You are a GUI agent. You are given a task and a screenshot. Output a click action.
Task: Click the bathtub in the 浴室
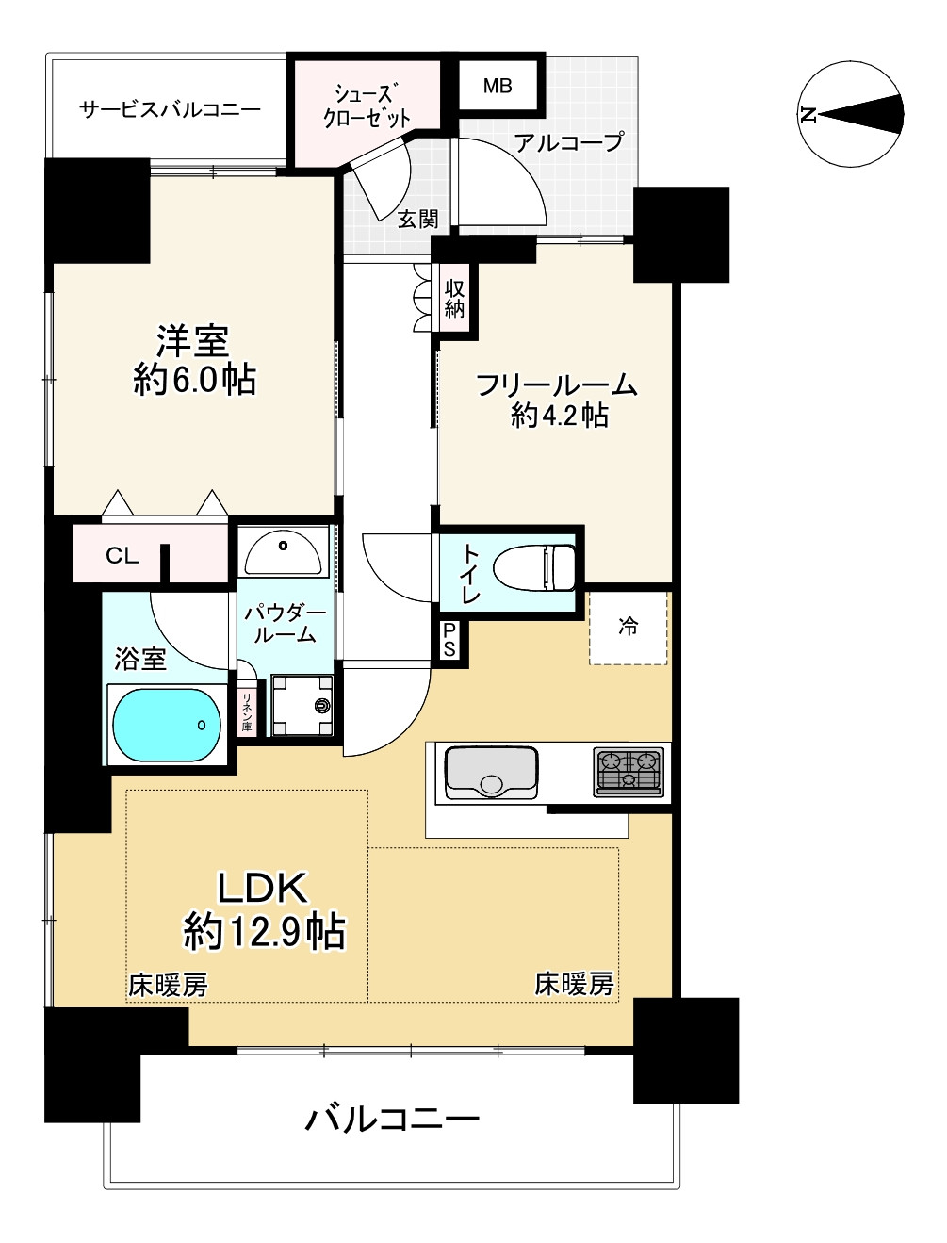(167, 725)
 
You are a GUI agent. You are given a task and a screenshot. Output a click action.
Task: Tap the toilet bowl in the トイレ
(533, 567)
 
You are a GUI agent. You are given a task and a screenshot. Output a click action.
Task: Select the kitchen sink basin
(491, 773)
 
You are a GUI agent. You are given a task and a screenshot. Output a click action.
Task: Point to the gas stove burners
(629, 771)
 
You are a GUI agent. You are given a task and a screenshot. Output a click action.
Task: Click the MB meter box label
(498, 86)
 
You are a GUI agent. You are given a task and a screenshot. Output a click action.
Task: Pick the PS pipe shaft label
(449, 640)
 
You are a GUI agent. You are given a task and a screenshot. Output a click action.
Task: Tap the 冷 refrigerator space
(628, 627)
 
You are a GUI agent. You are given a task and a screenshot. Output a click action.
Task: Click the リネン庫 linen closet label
(247, 711)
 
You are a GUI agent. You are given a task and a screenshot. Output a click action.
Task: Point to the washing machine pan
(302, 705)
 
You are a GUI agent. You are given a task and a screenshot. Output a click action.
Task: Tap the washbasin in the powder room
(283, 552)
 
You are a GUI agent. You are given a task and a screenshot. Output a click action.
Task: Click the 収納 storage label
(454, 299)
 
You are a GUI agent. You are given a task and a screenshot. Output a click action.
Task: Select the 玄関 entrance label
(417, 219)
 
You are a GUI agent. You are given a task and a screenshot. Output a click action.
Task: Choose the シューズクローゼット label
(366, 106)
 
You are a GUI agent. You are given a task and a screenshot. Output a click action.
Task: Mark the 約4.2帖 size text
(560, 417)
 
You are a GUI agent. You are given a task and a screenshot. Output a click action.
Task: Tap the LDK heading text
(263, 888)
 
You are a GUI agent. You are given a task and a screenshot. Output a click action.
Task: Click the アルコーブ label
(569, 142)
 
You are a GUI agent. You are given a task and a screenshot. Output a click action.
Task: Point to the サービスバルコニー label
(170, 108)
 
